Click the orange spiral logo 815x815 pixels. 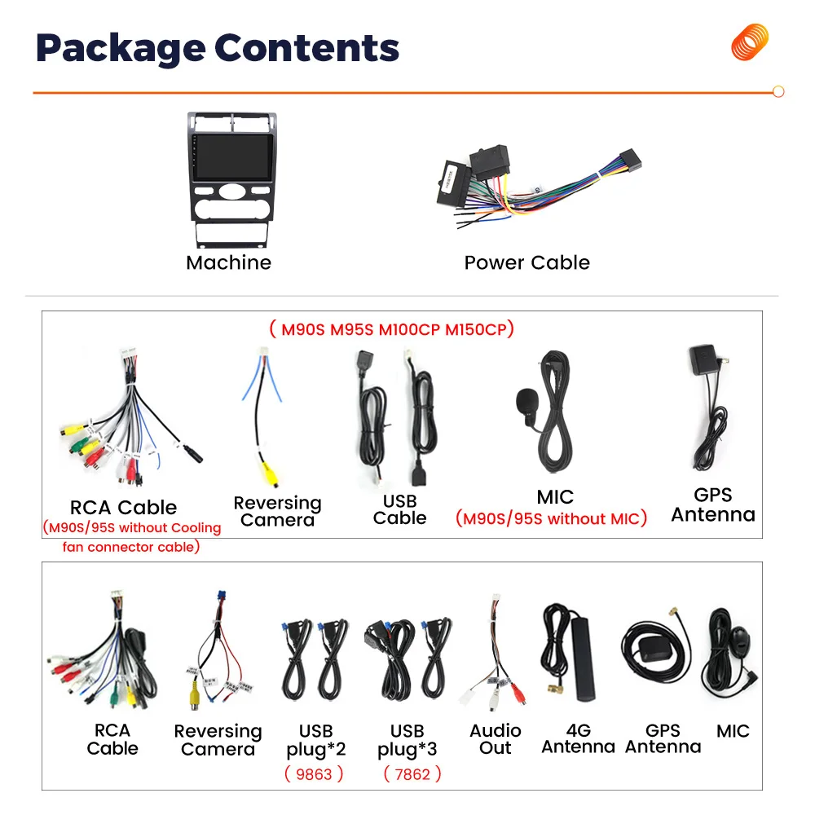[750, 42]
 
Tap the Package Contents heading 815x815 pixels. [218, 48]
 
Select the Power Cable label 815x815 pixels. [526, 262]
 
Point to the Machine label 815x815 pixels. [228, 262]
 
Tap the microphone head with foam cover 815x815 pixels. [526, 403]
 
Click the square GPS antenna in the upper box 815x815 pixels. [704, 360]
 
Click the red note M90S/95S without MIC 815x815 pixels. [551, 518]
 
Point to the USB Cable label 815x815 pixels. [399, 509]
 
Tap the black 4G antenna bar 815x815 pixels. [584, 658]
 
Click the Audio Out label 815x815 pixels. [495, 739]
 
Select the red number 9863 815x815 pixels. [315, 773]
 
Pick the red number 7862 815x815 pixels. [412, 773]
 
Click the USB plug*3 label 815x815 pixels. [407, 739]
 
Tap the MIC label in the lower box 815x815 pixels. [733, 731]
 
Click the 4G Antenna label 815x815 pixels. [578, 738]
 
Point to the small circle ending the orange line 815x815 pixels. [778, 92]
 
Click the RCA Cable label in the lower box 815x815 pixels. [112, 739]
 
